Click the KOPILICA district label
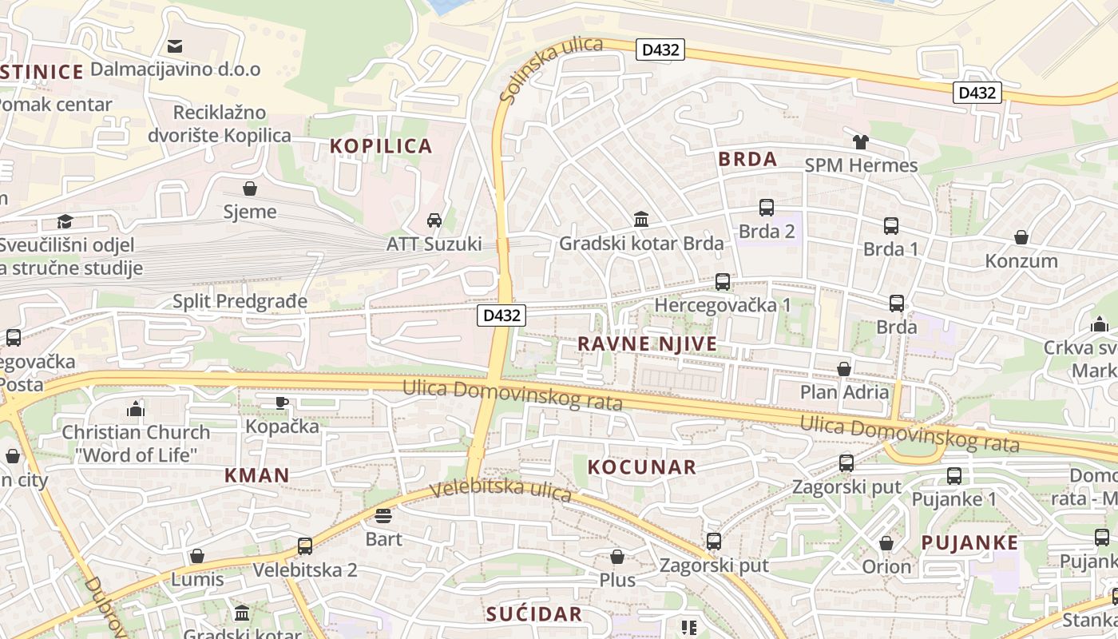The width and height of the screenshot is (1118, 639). [x=381, y=146]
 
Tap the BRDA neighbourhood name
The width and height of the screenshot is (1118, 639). [x=747, y=159]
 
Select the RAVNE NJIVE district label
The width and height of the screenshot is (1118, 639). [x=647, y=344]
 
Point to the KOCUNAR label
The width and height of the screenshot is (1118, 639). [x=642, y=467]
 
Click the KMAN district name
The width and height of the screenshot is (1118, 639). [x=256, y=475]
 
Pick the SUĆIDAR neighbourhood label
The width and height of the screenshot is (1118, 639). [x=534, y=614]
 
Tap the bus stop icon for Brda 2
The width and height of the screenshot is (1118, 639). [x=767, y=208]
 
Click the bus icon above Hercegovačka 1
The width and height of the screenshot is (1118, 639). [x=723, y=281]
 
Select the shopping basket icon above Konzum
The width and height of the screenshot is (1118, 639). [x=1021, y=237]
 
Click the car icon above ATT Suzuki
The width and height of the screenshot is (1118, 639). [x=434, y=220]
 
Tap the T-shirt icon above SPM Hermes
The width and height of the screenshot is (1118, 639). [x=860, y=142]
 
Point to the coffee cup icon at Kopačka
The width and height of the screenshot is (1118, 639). [x=281, y=403]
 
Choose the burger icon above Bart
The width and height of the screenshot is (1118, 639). [x=383, y=515]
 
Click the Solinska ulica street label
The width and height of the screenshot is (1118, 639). [x=550, y=69]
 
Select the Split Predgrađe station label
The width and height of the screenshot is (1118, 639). [x=240, y=301]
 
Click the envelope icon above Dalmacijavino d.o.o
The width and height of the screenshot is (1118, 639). [x=175, y=46]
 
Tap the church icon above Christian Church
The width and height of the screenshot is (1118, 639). [x=136, y=409]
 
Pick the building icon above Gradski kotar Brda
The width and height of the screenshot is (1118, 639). [x=640, y=219]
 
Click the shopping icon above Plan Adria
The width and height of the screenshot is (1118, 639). [x=843, y=368]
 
